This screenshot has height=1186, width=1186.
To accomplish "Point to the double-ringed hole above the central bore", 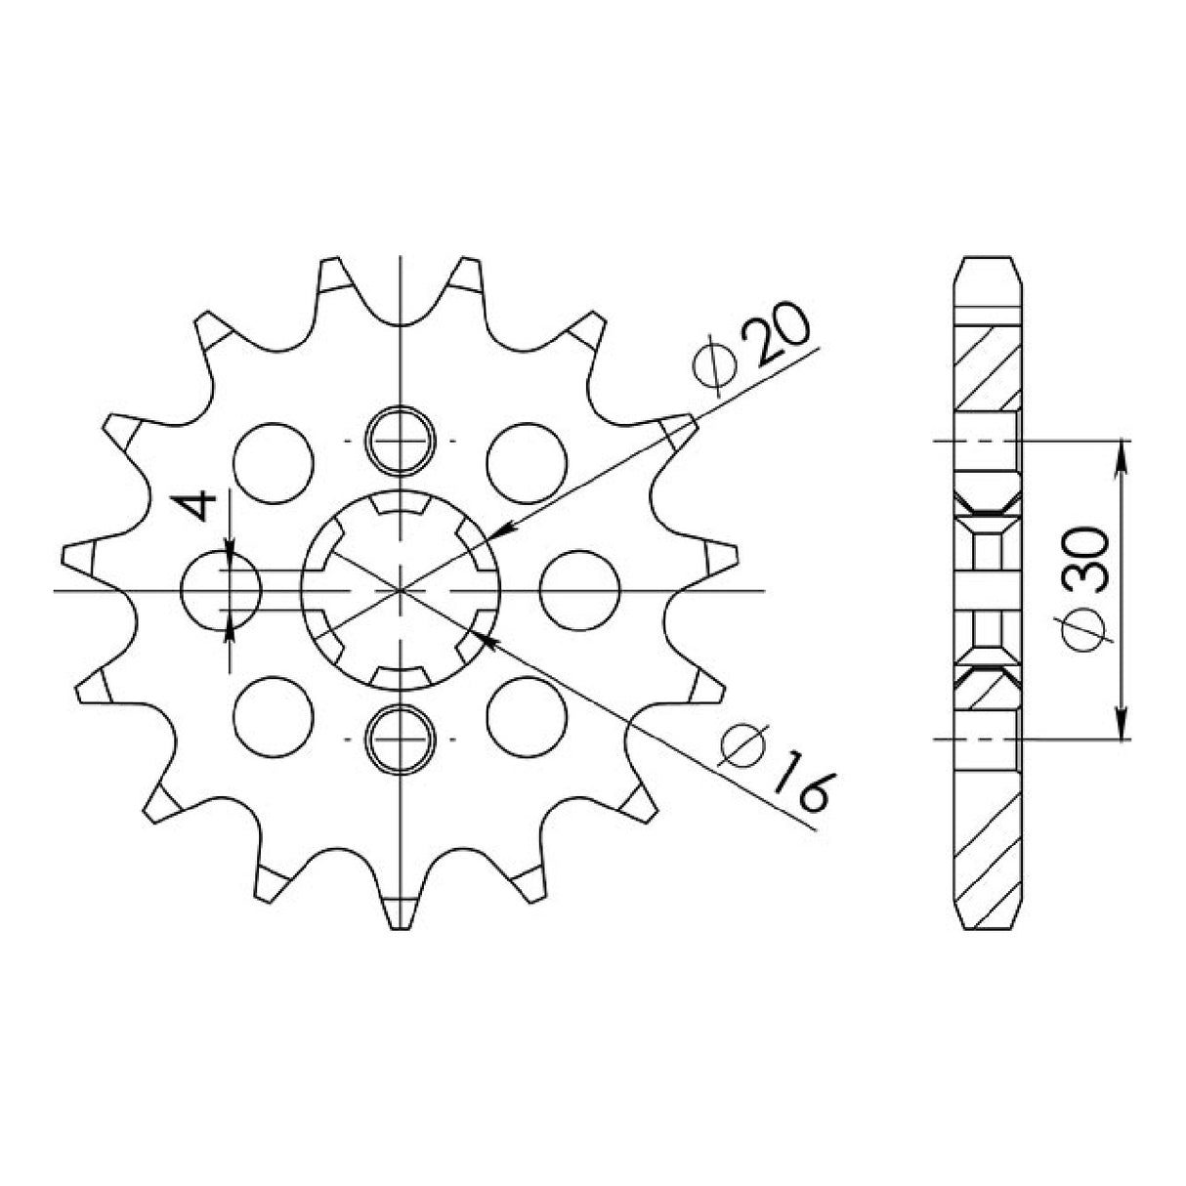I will tap(400, 440).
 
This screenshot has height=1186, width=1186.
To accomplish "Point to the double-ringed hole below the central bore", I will tap(400, 740).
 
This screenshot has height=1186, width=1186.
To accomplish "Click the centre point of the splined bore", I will tap(400, 590).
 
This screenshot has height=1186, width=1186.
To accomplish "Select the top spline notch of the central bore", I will tap(400, 505).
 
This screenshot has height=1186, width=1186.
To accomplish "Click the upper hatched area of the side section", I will tap(986, 367).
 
